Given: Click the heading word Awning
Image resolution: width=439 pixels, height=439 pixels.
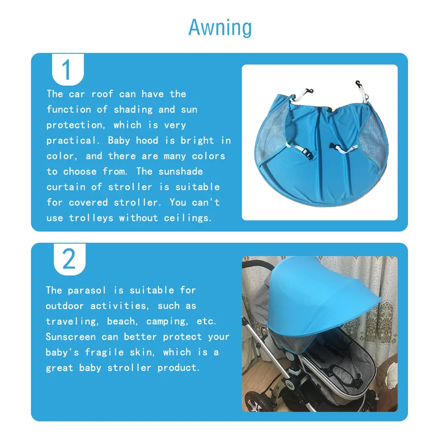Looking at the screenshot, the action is click(x=220, y=28).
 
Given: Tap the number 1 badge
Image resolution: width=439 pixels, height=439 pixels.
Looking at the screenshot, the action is click(x=68, y=69).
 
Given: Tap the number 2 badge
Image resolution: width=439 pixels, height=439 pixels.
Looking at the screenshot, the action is click(x=69, y=259).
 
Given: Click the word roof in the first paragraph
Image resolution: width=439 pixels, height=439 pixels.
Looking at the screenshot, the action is click(x=102, y=94).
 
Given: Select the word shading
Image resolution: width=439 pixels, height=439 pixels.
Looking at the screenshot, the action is click(x=133, y=109).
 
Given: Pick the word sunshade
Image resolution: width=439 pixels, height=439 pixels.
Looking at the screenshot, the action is click(x=181, y=171).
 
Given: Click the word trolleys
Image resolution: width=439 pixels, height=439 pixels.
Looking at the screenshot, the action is click(x=91, y=218).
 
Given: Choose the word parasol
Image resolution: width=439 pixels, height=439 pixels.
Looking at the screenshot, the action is click(x=87, y=291).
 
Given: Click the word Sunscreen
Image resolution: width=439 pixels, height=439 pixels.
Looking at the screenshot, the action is click(x=71, y=337).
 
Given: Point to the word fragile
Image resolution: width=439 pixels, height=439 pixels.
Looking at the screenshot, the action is click(x=104, y=352).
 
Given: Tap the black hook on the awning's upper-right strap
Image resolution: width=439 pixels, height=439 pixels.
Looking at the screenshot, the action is click(x=358, y=84).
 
